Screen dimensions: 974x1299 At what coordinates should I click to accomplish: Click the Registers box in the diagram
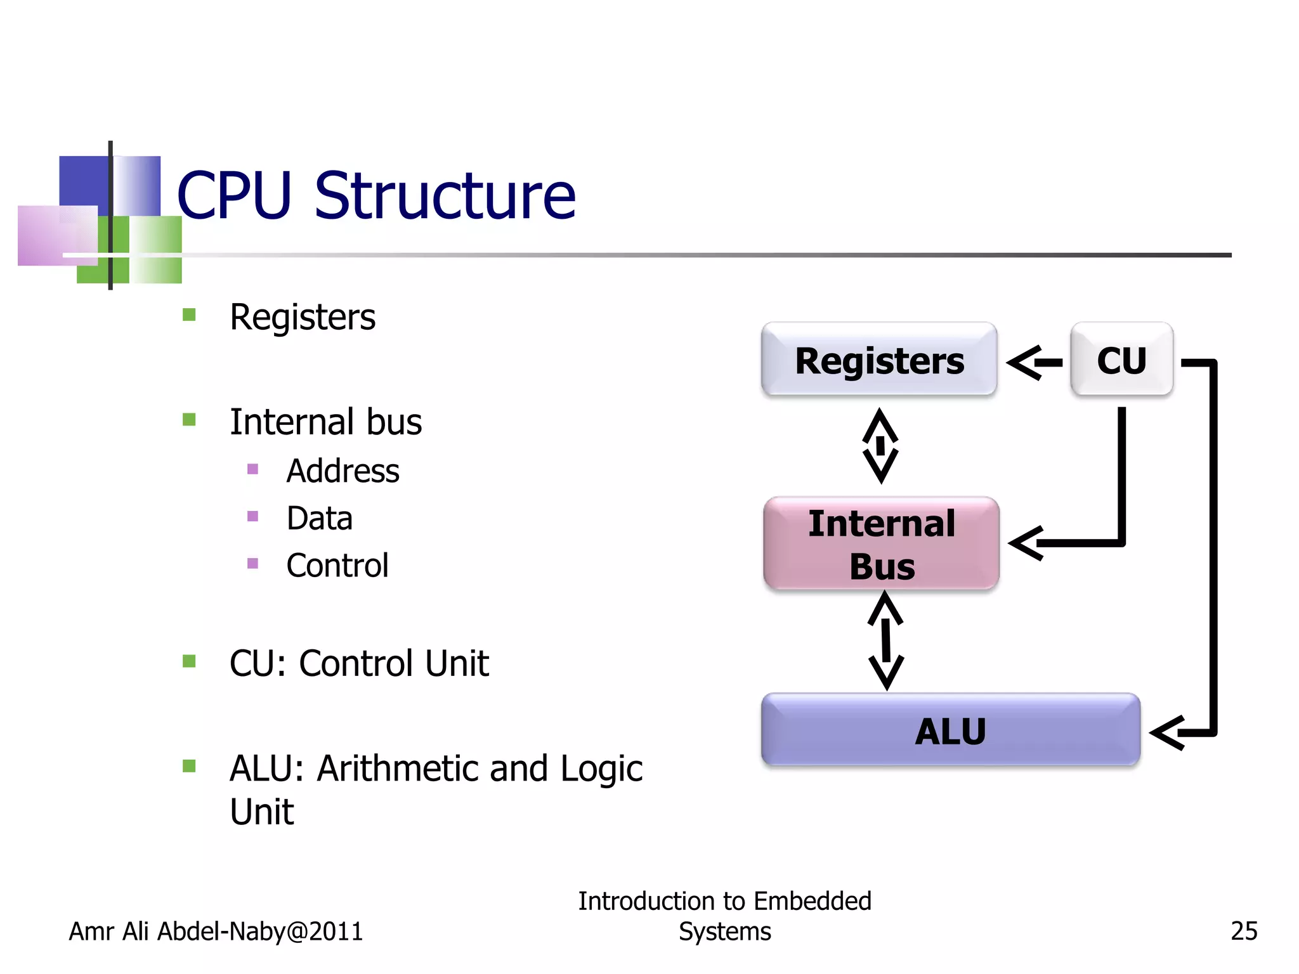(879, 360)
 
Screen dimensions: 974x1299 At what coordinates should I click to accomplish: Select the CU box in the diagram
(1121, 360)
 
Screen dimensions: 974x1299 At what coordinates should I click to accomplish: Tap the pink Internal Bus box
(882, 543)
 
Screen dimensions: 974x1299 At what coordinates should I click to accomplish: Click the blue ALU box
(950, 730)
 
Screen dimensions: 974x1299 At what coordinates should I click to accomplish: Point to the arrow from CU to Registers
(1034, 363)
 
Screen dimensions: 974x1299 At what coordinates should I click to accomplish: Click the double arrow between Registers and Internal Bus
(880, 446)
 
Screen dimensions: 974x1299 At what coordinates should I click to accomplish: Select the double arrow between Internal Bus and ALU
(886, 640)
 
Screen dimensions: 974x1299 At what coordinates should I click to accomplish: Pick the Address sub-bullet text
(343, 471)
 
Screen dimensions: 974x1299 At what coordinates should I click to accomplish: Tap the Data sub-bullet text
(319, 518)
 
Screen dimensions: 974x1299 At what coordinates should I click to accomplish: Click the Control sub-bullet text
(337, 565)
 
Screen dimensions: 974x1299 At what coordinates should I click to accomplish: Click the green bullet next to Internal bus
(189, 419)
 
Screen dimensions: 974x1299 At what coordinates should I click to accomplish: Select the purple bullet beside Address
(252, 469)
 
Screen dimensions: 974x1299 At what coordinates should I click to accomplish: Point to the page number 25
(1243, 930)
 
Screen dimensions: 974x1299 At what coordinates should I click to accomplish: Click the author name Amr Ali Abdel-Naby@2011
(216, 931)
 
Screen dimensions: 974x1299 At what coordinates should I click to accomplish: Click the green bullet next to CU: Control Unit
(189, 661)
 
